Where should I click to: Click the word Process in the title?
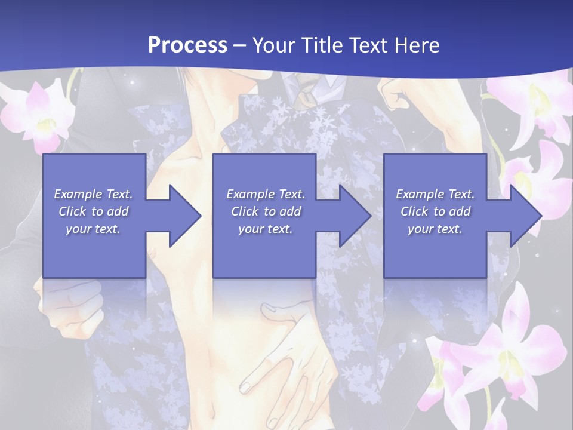pyautogui.click(x=187, y=45)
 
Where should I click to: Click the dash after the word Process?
pyautogui.click(x=240, y=46)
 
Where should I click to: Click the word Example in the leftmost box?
pyautogui.click(x=78, y=194)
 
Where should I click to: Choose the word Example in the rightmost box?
pyautogui.click(x=420, y=194)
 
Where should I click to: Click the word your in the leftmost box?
pyautogui.click(x=78, y=229)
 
